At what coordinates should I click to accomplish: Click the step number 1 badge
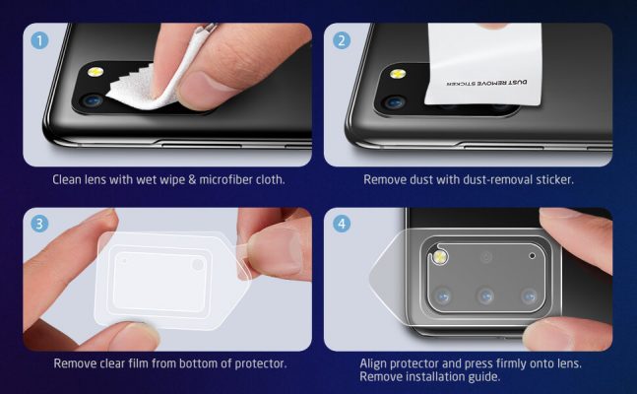click(40, 41)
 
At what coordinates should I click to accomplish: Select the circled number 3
click(40, 224)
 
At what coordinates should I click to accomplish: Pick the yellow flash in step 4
click(439, 258)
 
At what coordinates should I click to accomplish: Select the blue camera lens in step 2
click(395, 101)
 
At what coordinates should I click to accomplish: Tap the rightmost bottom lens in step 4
click(530, 295)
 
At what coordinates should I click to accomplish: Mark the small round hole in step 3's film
click(198, 265)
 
